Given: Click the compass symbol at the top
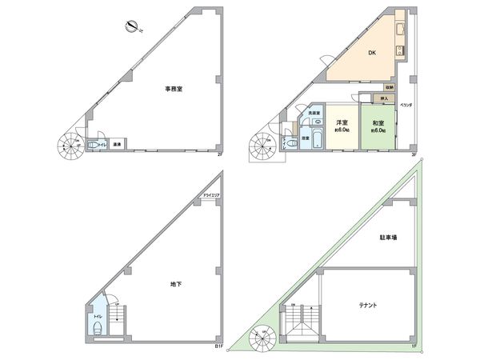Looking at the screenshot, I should tap(132, 28).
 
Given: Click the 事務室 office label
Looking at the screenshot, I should tap(174, 89).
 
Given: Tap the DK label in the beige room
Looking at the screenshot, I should tap(372, 54).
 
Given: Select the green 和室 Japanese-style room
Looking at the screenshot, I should tap(378, 126).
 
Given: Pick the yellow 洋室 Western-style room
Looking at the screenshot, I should tap(340, 126).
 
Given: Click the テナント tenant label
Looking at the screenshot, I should tap(368, 305).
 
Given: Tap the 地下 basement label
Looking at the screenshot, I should tap(175, 284).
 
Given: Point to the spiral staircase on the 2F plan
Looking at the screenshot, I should tap(68, 146).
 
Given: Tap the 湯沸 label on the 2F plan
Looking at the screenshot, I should tap(117, 145).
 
